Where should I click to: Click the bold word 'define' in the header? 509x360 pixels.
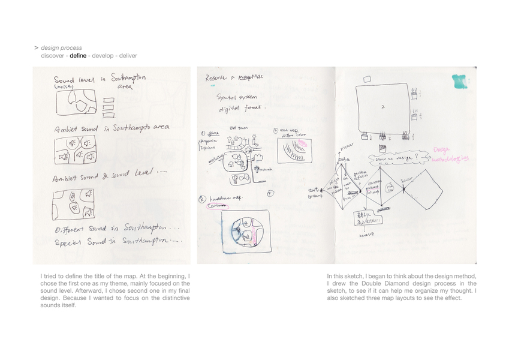tap(78, 56)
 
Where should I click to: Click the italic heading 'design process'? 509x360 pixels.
tap(62, 48)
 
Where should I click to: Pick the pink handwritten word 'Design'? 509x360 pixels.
tap(444, 152)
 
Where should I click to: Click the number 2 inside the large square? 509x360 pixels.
tap(382, 107)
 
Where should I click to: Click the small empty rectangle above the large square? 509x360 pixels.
tap(367, 79)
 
